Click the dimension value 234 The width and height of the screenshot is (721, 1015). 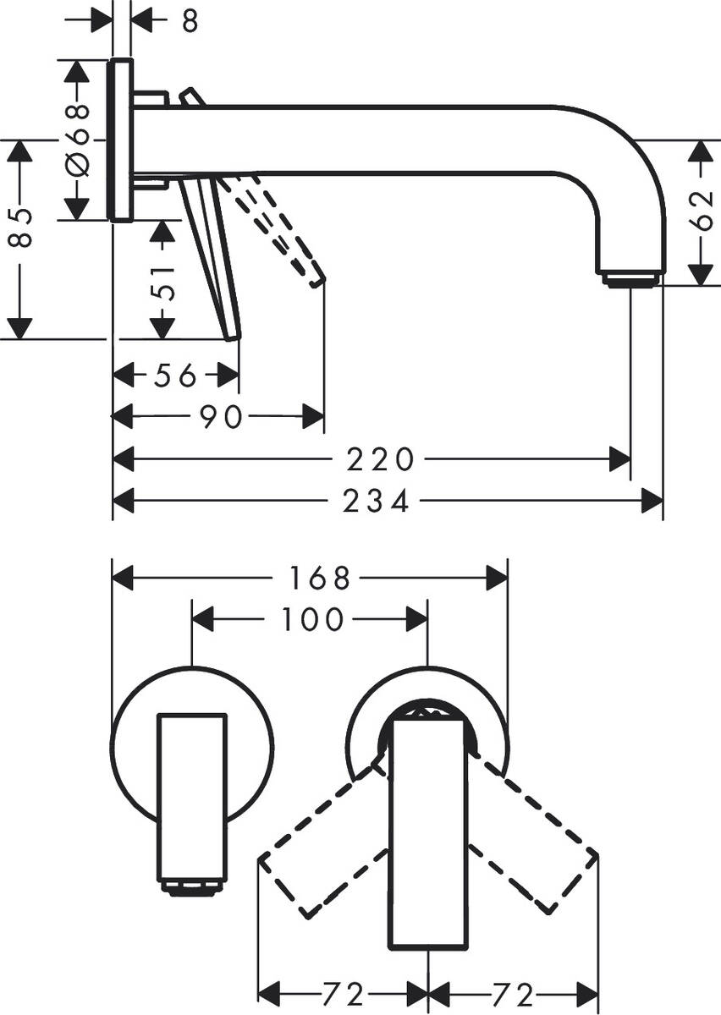click(376, 502)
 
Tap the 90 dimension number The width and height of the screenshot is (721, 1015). click(223, 416)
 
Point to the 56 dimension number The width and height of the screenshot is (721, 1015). click(175, 374)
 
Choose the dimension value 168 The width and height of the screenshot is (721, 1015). click(319, 579)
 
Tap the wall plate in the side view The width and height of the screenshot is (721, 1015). click(122, 140)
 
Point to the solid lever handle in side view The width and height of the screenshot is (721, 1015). click(212, 254)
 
